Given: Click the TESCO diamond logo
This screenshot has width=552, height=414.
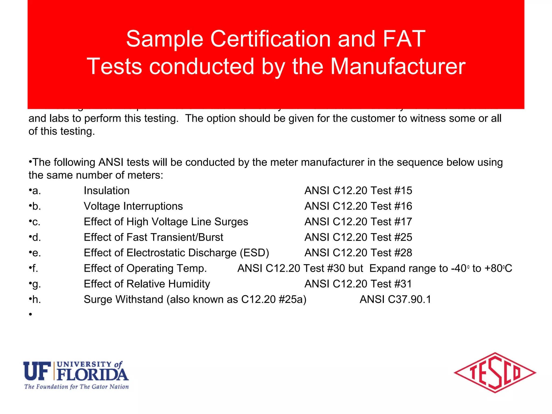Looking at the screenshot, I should tap(495, 373).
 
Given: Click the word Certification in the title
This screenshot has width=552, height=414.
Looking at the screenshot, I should tap(270, 39).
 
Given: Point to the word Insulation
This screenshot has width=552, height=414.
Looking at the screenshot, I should tap(106, 191).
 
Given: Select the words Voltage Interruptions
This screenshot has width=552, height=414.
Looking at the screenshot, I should tap(133, 206).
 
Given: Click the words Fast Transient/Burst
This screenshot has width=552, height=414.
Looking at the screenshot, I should tap(175, 237).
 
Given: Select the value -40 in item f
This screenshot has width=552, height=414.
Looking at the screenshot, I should tap(458, 268).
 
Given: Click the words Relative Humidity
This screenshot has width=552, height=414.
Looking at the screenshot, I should tap(168, 284).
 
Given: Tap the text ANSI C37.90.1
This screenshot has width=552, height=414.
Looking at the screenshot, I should tap(395, 299).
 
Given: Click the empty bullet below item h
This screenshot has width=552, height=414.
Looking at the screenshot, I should tap(30, 314).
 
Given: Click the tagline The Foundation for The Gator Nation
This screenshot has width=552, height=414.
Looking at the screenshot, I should tap(77, 387).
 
